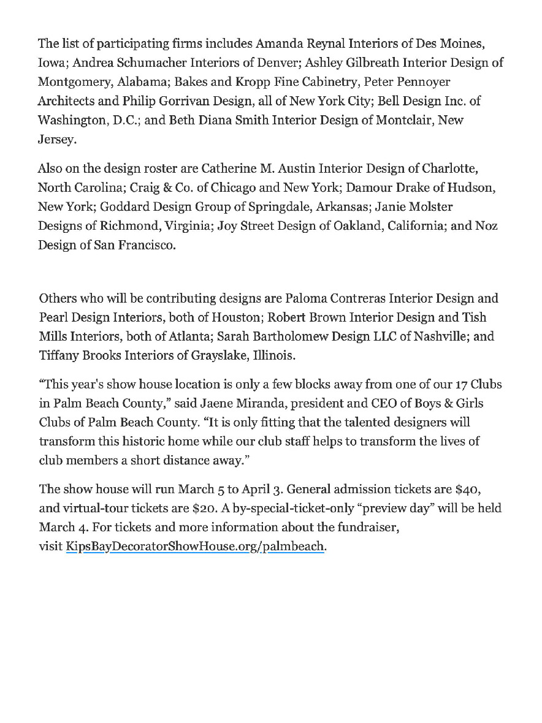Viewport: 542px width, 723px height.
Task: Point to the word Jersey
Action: coord(56,138)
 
